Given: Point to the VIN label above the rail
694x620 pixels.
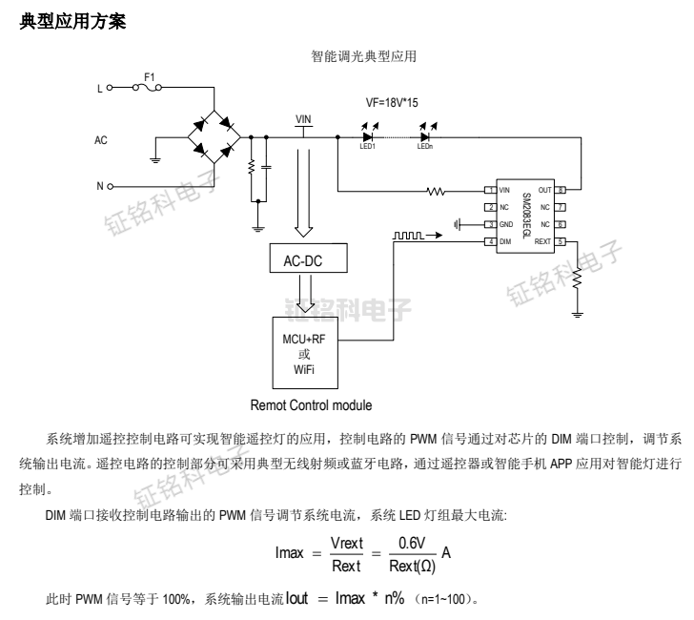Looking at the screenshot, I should (303, 119).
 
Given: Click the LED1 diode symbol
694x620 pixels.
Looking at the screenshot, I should (367, 136).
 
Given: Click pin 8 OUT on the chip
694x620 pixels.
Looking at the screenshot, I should (561, 190).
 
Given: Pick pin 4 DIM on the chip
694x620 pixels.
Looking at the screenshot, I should (490, 241).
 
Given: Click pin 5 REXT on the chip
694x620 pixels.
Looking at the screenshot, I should (561, 241).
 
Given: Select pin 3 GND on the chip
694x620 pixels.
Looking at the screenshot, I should (490, 224).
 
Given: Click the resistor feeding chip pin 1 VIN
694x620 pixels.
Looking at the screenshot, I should (437, 191).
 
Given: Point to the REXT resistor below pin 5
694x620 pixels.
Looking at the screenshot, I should (577, 276).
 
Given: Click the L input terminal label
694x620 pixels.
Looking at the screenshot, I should (99, 88).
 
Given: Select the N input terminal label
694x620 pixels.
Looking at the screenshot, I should (99, 186).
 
